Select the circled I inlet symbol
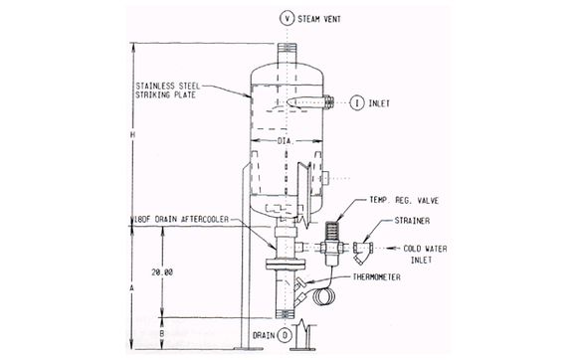(x=355, y=100)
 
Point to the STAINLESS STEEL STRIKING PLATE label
(x=170, y=91)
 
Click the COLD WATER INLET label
(x=431, y=256)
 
